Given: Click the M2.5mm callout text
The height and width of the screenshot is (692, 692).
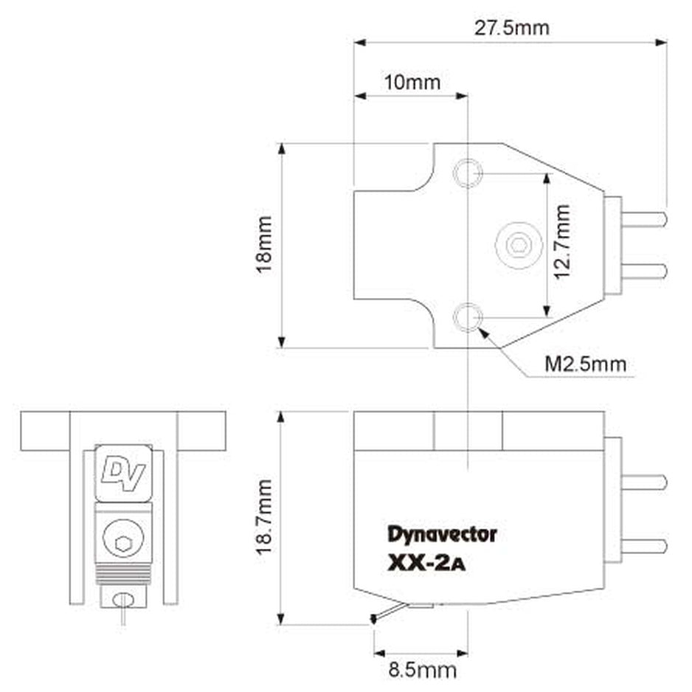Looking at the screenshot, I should pos(585,364).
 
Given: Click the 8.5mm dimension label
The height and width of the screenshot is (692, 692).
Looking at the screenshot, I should pos(422,670).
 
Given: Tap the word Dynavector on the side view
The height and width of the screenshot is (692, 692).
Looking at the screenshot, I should pos(443,533).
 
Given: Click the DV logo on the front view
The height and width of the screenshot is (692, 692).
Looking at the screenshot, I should pos(122,470).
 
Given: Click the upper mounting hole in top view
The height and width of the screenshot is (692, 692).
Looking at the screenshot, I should pos(467,173).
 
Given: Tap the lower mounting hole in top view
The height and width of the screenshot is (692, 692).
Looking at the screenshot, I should pos(467,318).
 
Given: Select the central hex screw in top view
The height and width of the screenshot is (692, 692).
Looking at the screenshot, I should pos(519,245).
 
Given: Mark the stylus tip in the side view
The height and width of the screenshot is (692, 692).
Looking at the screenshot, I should pos(374,619).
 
